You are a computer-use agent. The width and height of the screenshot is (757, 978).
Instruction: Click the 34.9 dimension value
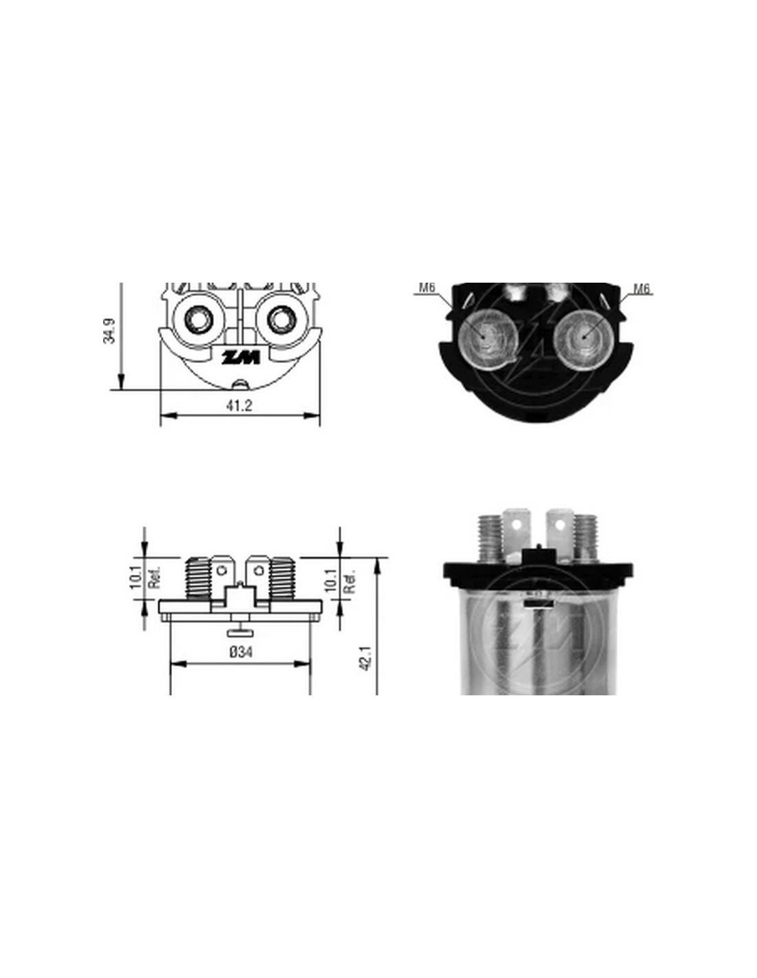[109, 331]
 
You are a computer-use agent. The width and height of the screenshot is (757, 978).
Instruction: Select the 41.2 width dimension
[239, 406]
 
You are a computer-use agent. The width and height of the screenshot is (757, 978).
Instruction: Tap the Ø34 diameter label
[241, 652]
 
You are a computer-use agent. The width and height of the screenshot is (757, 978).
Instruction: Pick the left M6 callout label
[427, 287]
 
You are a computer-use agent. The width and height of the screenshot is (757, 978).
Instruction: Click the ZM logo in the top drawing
[240, 358]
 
